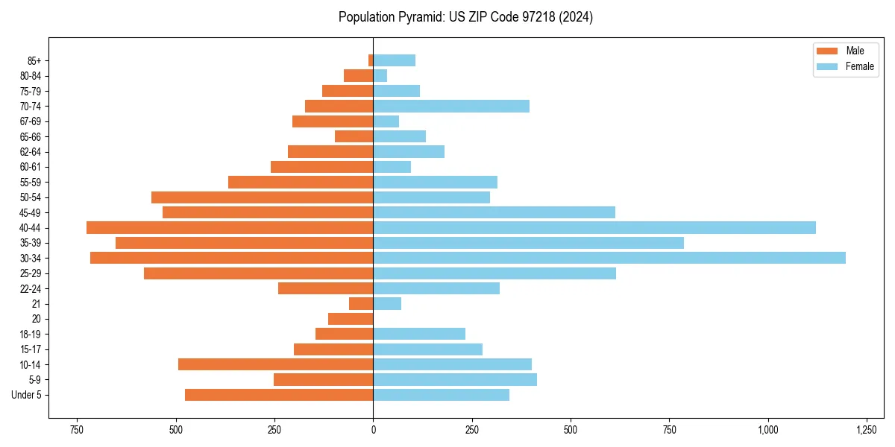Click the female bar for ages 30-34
609,258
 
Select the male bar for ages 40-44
230,227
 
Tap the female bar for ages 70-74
451,106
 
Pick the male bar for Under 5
279,395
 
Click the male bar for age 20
351,319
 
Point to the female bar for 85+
395,60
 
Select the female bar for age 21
387,303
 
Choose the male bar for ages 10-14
276,364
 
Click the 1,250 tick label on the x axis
866,431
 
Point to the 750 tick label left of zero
76,431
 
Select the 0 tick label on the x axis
373,431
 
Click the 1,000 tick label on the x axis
767,431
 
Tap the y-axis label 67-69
31,121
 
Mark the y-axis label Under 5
26,395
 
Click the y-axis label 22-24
31,288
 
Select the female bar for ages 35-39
528,243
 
